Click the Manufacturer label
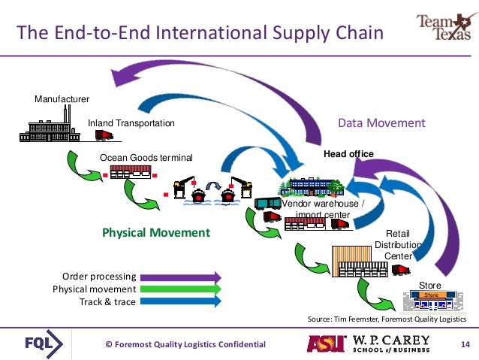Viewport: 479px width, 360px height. pyautogui.click(x=62, y=99)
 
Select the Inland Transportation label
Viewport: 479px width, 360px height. pyautogui.click(x=131, y=123)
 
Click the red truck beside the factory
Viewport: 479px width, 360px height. pyautogui.click(x=104, y=135)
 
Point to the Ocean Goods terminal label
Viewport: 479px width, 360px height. pyautogui.click(x=146, y=157)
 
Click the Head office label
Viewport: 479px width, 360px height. pyautogui.click(x=348, y=153)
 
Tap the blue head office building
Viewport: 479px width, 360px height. pyautogui.click(x=311, y=186)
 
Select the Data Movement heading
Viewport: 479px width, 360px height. pyautogui.click(x=381, y=123)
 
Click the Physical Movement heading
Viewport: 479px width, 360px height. pyautogui.click(x=156, y=232)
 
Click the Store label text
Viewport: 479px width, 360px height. pyautogui.click(x=430, y=285)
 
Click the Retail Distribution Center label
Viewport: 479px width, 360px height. pyautogui.click(x=398, y=244)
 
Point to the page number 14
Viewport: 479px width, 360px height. pyautogui.click(x=463, y=344)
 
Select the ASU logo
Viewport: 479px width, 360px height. pyautogui.click(x=325, y=343)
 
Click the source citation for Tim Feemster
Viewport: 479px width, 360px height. pyautogui.click(x=390, y=319)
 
